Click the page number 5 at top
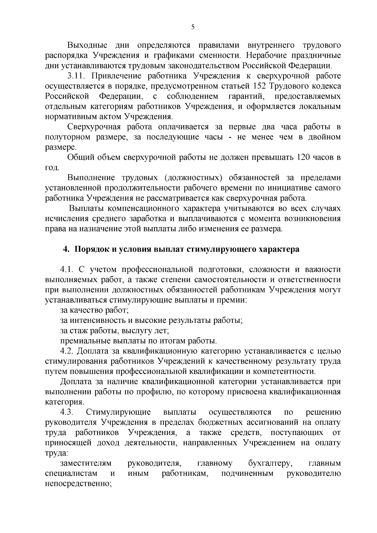[x=193, y=27]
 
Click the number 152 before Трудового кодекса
[x=275, y=86]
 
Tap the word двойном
[x=325, y=137]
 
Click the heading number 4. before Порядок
[x=66, y=249]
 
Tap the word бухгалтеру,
[x=271, y=463]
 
